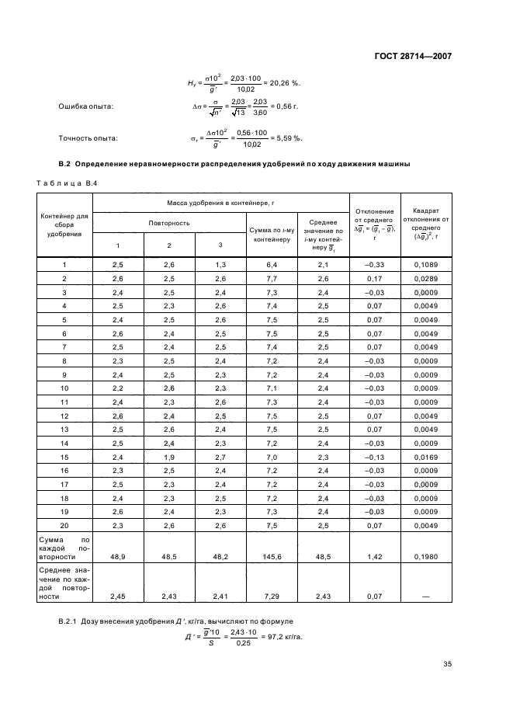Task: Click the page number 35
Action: coord(447,663)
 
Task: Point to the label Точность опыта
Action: coord(88,138)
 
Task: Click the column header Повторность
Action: coord(168,223)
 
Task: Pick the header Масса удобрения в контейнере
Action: coord(220,203)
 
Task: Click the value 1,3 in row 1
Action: coord(220,266)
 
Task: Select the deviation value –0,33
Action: coord(375,266)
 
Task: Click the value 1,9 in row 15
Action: coord(168,457)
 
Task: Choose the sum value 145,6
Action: coord(271,558)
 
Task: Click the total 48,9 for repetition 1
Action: coord(118,558)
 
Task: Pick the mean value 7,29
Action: coord(271,597)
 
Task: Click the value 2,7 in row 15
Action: coord(220,457)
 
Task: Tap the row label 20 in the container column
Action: coord(65,525)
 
